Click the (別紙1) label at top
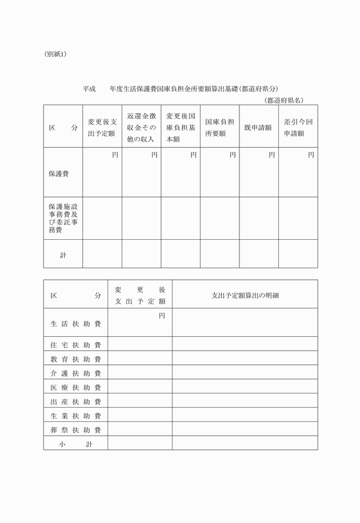coord(55,54)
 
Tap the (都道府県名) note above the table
coord(284,100)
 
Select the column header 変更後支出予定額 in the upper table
coord(102,127)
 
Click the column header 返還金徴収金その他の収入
coord(141,127)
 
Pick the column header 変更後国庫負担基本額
coord(181,127)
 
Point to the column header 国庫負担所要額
coord(219,127)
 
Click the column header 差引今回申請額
coord(298,127)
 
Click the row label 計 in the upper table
coord(63,255)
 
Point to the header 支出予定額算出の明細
coord(245,295)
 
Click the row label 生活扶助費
coord(75,324)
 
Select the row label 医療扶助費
coord(75,387)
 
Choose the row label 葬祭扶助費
coord(75,429)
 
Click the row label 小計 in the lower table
coord(75,444)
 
